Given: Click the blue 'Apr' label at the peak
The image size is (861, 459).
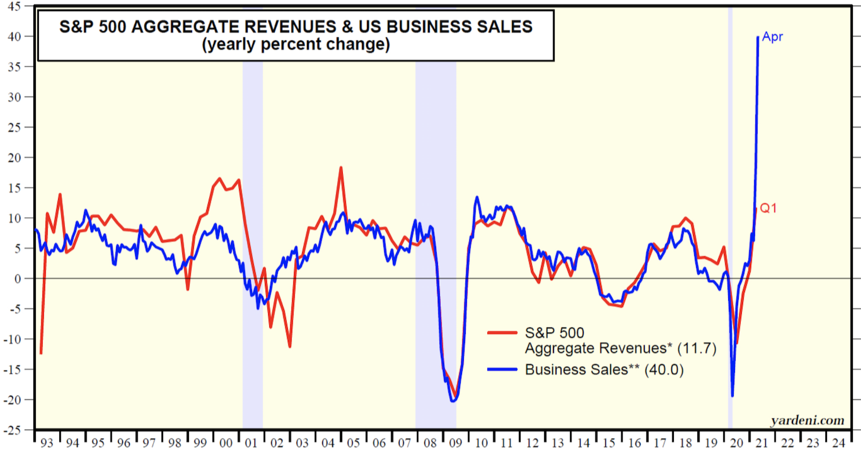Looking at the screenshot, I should tap(772, 37).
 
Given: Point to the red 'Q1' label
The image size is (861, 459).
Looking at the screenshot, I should tap(768, 208).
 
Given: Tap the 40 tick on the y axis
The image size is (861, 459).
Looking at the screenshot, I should tap(19, 36).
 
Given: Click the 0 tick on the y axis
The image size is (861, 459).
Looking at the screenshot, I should tap(23, 278).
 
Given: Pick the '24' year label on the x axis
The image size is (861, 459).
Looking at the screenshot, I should tap(838, 444).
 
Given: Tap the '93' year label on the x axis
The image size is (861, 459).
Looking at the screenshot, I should tap(47, 444).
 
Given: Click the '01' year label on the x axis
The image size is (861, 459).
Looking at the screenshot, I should tap(252, 444).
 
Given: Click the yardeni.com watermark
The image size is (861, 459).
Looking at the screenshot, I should tap(807, 421).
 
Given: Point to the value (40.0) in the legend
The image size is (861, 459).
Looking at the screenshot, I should tap(664, 370).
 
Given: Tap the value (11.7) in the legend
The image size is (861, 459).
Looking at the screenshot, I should tap(697, 349).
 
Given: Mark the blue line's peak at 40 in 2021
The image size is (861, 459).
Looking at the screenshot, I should tap(758, 37).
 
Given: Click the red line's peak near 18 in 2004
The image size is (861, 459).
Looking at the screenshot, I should tap(340, 168).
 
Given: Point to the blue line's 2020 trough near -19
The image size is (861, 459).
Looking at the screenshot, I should tap(732, 396).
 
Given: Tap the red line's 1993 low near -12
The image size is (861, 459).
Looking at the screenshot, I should tap(41, 353).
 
